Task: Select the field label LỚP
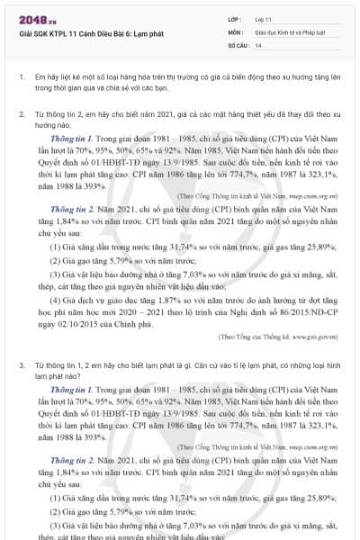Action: point(235,18)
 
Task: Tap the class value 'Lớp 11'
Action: point(264,18)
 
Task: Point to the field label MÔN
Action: point(236,31)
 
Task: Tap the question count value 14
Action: point(258,44)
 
